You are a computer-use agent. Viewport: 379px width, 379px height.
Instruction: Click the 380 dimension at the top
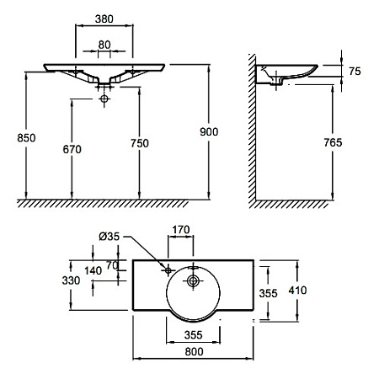(104, 19)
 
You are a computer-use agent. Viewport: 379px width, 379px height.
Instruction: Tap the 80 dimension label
(104, 45)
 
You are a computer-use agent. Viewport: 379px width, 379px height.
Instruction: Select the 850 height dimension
(26, 138)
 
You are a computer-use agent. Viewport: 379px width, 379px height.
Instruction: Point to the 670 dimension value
(72, 149)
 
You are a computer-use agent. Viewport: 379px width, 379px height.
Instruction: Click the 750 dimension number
(140, 143)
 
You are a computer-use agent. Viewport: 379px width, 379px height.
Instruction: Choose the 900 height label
(209, 132)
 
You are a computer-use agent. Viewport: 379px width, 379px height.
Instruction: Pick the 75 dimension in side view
(355, 72)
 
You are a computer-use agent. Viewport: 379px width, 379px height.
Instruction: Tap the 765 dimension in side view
(333, 142)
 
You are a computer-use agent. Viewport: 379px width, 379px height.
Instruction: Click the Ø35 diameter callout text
(109, 237)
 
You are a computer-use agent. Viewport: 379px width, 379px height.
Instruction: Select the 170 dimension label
(181, 230)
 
